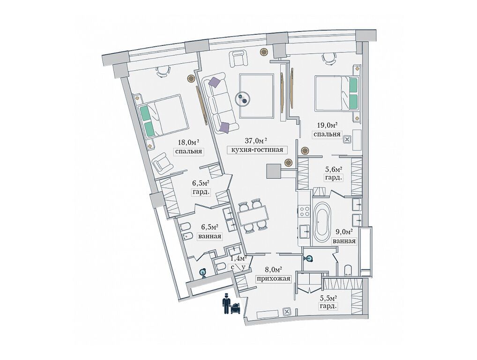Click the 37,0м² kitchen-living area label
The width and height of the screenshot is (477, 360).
coord(256,140)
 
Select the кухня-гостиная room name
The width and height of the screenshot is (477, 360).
coord(257,150)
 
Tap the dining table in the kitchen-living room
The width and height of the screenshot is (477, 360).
coord(253,215)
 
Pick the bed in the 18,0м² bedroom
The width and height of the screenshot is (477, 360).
coord(163,116)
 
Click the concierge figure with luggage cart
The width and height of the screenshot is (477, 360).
coord(231,303)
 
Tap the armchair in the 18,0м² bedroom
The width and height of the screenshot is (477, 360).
coord(163,162)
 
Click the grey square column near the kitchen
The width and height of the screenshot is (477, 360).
coord(274,171)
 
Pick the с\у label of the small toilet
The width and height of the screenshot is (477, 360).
coord(238,267)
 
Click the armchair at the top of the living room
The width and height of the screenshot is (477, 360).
coord(238,59)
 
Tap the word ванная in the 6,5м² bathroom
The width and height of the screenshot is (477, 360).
coord(209,236)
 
